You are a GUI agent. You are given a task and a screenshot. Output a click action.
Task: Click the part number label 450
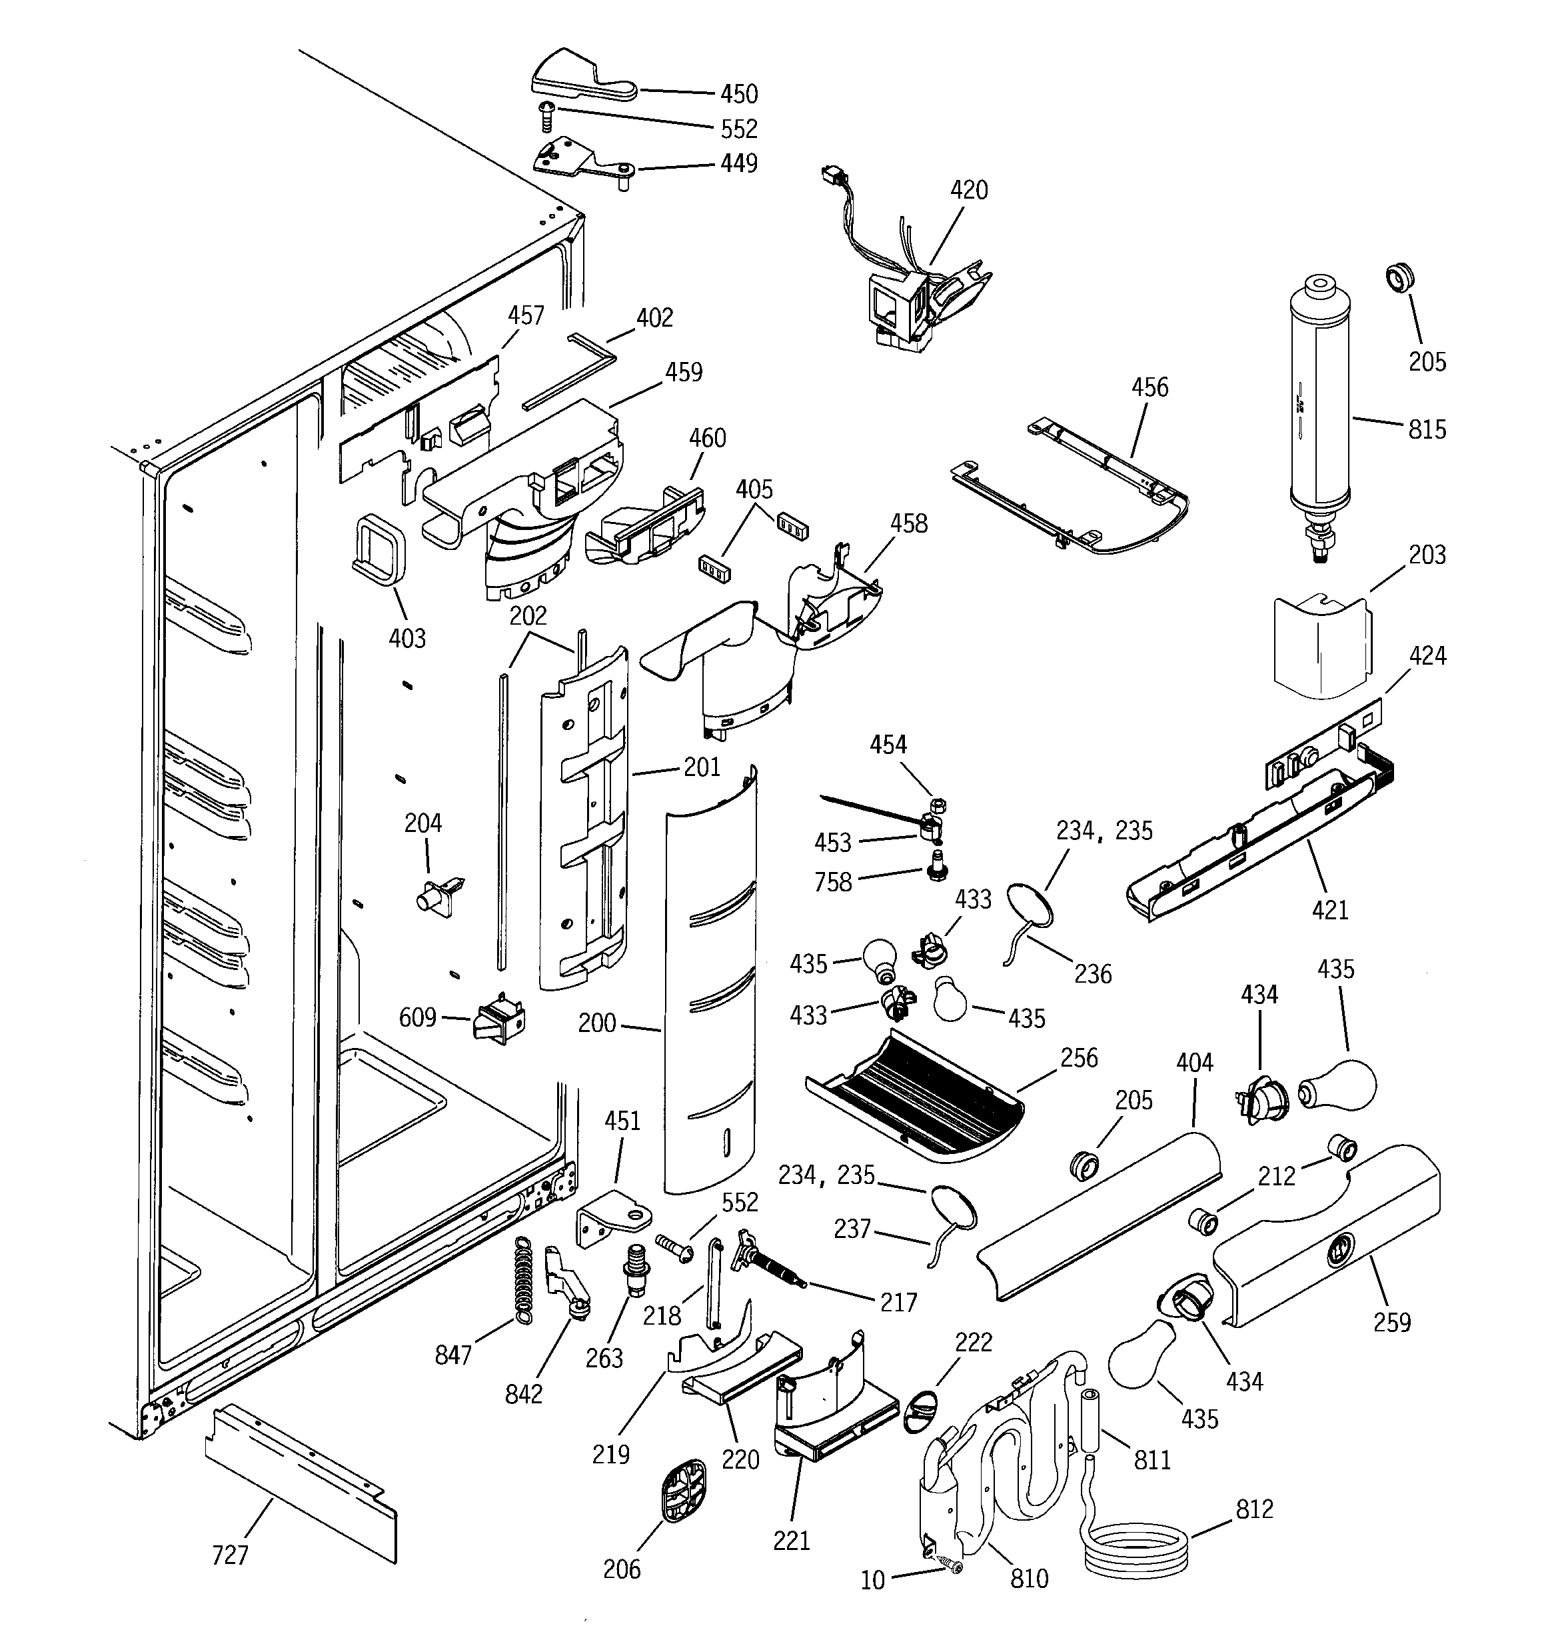coord(738,94)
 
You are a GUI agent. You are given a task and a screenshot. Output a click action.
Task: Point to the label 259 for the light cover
coord(1391,1321)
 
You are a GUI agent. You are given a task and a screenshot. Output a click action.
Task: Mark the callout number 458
coord(909,524)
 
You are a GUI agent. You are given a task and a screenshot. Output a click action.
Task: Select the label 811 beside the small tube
coord(1152,1459)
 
